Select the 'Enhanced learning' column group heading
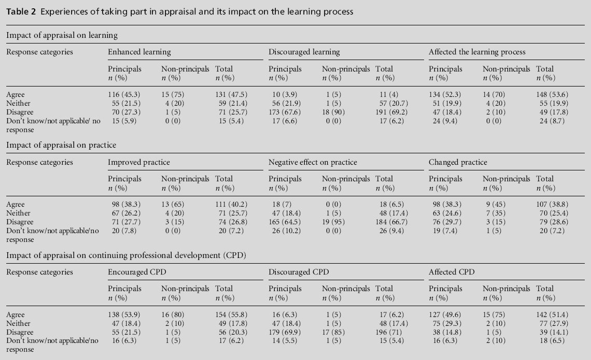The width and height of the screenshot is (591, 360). tap(139, 52)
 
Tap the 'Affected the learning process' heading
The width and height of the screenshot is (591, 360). tap(477, 52)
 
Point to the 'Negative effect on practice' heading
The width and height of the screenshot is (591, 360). tap(313, 162)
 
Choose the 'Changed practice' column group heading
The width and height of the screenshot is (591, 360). tap(458, 162)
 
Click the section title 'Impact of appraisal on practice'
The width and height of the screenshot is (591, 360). tap(61, 145)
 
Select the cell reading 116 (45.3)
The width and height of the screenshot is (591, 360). tap(126, 95)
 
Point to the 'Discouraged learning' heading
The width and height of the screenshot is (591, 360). tap(304, 52)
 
